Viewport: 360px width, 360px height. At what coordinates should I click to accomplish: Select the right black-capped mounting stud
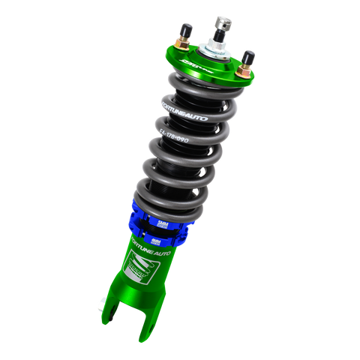[x=247, y=57]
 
